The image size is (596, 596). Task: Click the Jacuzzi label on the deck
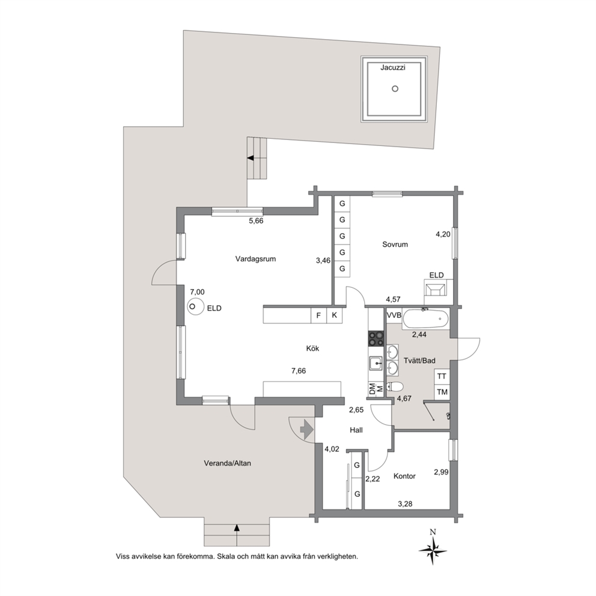tap(393, 68)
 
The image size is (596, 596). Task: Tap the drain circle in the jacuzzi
tap(395, 88)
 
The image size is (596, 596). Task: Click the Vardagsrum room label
tap(255, 259)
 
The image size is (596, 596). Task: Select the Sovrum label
tap(395, 245)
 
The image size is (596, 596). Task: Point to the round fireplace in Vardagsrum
tap(195, 306)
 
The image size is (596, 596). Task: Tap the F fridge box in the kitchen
tap(318, 315)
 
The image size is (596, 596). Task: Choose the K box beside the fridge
tap(335, 315)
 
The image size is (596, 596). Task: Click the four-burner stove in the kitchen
tap(376, 339)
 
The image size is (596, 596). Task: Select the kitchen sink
tap(376, 363)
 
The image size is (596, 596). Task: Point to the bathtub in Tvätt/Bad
tap(426, 319)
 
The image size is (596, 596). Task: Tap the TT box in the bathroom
tap(442, 376)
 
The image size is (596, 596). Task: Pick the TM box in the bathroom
tap(442, 392)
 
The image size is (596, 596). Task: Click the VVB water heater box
tap(394, 315)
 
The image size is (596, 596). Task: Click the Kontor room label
tap(404, 476)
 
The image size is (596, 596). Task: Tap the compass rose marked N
tap(433, 550)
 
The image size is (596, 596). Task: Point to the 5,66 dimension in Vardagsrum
tap(256, 221)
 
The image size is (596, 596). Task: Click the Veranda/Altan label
tap(227, 464)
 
